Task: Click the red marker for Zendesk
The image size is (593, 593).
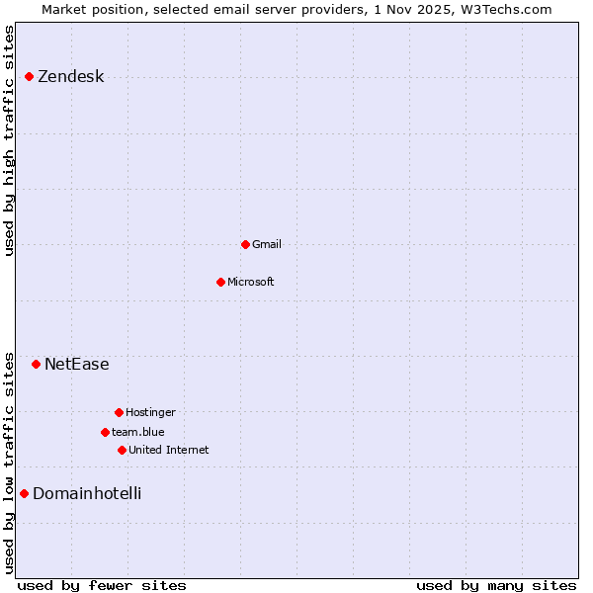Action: [x=30, y=76]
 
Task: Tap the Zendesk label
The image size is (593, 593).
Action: [x=70, y=77]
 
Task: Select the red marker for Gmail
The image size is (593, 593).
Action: [x=245, y=244]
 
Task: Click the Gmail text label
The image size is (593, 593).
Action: [x=267, y=244]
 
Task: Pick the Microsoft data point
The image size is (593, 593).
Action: [x=220, y=282]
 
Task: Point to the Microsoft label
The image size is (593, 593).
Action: [x=251, y=282]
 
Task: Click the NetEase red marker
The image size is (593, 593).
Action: [x=37, y=364]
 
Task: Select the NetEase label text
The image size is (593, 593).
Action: [x=77, y=365]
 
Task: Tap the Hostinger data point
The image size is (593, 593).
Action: [x=119, y=412]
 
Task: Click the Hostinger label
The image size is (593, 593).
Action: [x=150, y=412]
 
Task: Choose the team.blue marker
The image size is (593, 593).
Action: [x=105, y=432]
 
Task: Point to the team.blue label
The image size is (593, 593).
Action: [x=138, y=432]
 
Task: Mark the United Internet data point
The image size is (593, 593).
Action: [x=122, y=450]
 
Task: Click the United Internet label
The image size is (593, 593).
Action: [x=169, y=450]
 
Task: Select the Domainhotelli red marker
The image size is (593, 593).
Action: [x=25, y=493]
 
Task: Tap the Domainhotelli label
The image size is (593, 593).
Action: [x=87, y=493]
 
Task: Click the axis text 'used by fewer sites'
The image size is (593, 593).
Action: [x=102, y=585]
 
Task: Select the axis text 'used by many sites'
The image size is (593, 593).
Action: [x=496, y=585]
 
